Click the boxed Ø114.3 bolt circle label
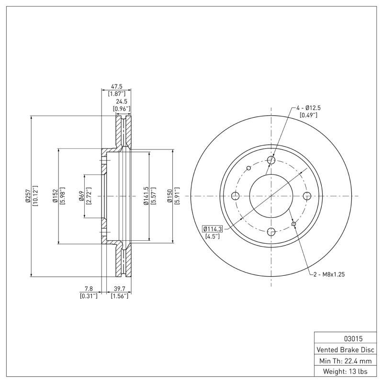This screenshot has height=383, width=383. click(213, 228)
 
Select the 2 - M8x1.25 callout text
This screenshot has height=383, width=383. click(329, 274)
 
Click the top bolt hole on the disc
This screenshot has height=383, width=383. click(271, 160)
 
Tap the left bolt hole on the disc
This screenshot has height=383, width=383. click(235, 196)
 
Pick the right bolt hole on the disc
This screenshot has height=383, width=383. click(307, 196)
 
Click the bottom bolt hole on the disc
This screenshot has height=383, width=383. click(271, 232)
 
